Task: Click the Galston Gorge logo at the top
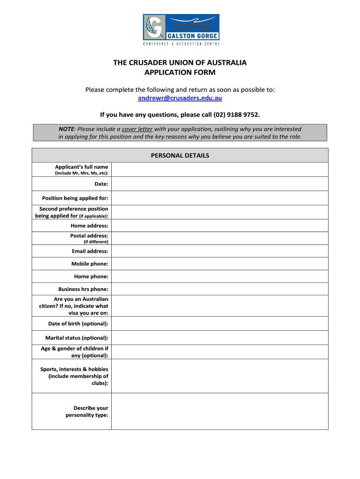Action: coord(180,29)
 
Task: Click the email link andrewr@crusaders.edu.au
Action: coord(180,98)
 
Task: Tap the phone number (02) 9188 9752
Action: coord(236,115)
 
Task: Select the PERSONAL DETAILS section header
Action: coord(180,156)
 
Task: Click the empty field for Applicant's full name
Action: coord(220,169)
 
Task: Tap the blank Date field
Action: coord(220,184)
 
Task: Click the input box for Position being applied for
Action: coord(220,198)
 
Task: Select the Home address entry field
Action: coord(220,225)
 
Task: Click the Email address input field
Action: coord(220,251)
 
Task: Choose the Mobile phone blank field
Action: coord(220,264)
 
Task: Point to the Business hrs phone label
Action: coord(83,289)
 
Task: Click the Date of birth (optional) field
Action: coord(220,324)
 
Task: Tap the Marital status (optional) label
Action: coord(77,338)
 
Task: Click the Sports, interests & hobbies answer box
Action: coord(220,376)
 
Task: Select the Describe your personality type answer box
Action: coord(220,412)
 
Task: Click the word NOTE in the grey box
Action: coord(67,129)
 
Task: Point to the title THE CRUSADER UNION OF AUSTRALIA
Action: coord(180,63)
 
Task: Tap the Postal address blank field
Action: coord(220,238)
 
